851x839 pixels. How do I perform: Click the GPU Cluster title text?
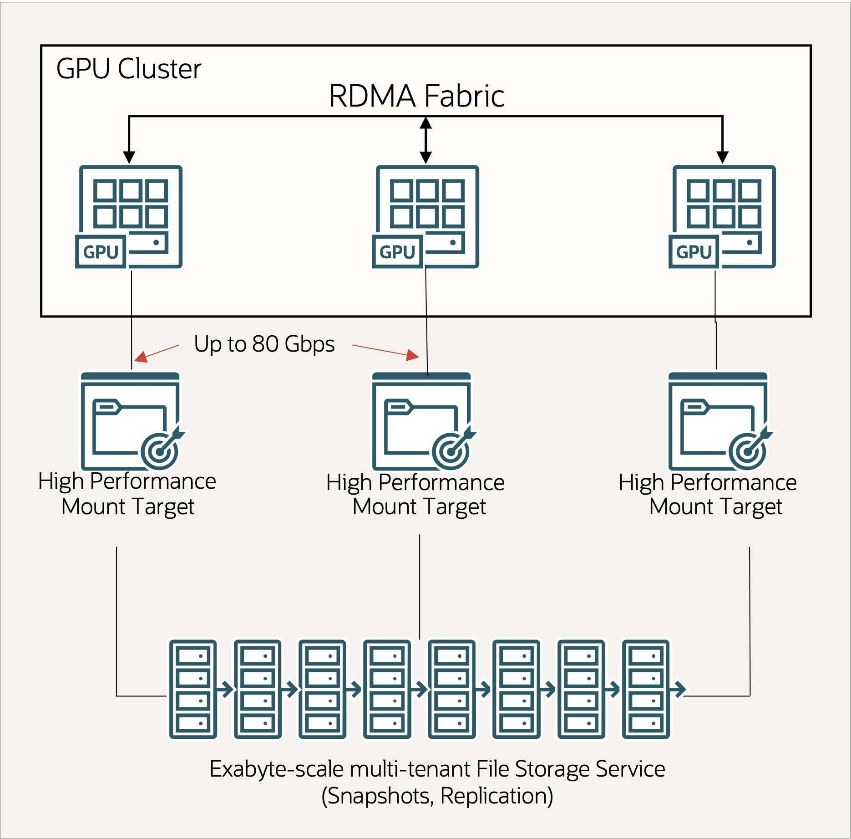pyautogui.click(x=128, y=69)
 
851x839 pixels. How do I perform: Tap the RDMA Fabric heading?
pyautogui.click(x=416, y=97)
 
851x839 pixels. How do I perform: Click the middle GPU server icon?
pyautogui.click(x=427, y=217)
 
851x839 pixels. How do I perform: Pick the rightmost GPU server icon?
pyautogui.click(x=724, y=217)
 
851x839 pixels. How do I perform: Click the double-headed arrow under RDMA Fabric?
pyautogui.click(x=425, y=140)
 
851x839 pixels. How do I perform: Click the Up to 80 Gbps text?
pyautogui.click(x=264, y=344)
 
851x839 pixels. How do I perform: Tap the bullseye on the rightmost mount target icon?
pyautogui.click(x=747, y=451)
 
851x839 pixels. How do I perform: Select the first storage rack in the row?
pyautogui.click(x=193, y=689)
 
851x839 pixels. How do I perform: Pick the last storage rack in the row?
pyautogui.click(x=646, y=689)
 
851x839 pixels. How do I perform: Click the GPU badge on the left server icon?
pyautogui.click(x=101, y=252)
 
